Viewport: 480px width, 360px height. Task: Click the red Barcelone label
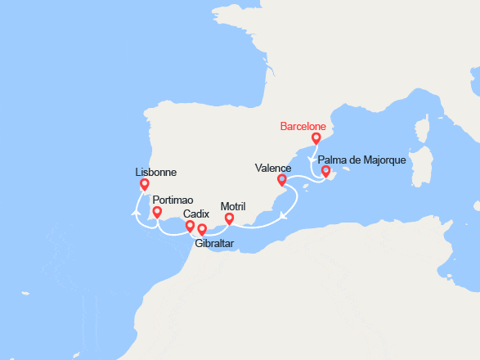(x=303, y=127)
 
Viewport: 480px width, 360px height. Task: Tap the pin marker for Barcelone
(x=316, y=138)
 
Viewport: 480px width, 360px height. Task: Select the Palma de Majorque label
(x=361, y=160)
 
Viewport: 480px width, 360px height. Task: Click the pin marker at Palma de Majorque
(x=325, y=172)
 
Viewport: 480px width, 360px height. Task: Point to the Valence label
(x=273, y=168)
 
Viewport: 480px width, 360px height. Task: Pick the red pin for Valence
(x=282, y=180)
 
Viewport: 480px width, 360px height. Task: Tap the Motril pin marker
(x=229, y=218)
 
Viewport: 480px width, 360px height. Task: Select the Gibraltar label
(x=214, y=243)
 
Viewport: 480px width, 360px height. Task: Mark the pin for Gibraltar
(x=202, y=229)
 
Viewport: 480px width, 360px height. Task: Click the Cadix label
(x=196, y=214)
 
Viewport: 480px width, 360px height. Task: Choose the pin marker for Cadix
(x=190, y=226)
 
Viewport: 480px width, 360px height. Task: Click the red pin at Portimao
(x=156, y=213)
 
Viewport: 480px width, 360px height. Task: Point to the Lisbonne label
(x=157, y=173)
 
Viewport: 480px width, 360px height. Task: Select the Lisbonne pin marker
(x=145, y=185)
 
